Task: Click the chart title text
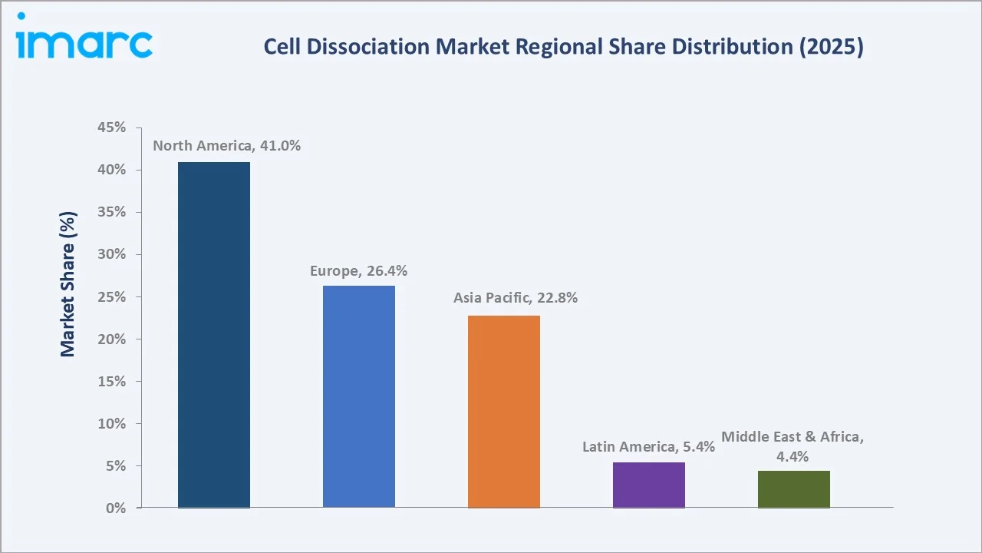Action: (x=563, y=47)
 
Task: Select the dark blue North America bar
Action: (x=214, y=335)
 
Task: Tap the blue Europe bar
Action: (x=358, y=396)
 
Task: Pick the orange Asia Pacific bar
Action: (x=504, y=412)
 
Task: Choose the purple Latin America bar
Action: (x=649, y=485)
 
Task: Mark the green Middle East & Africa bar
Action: (x=793, y=489)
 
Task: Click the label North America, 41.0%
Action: (x=226, y=146)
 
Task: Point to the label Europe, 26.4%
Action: (x=358, y=270)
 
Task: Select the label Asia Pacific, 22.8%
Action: (x=515, y=298)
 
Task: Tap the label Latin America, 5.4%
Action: (x=648, y=446)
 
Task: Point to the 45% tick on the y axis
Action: (x=111, y=127)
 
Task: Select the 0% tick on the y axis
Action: (x=115, y=508)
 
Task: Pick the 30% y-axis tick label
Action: (x=111, y=254)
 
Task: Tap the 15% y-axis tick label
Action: (x=111, y=381)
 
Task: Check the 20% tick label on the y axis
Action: (x=111, y=339)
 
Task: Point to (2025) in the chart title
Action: (x=834, y=47)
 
